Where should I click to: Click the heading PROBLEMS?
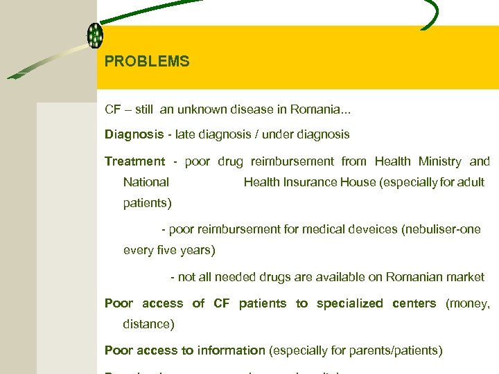(147, 62)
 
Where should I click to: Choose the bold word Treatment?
(135, 161)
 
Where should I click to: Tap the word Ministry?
(439, 161)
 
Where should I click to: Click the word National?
(146, 182)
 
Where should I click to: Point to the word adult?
(471, 182)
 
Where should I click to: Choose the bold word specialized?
(349, 303)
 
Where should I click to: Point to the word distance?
(146, 323)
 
